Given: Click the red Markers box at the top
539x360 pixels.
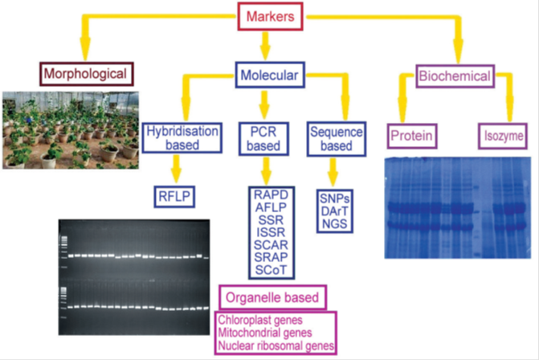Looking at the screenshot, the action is (x=270, y=17).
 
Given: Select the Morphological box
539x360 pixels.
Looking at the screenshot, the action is (x=86, y=74).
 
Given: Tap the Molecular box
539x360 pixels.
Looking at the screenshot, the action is (x=270, y=75).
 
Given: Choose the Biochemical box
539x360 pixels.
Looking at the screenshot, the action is (x=455, y=76).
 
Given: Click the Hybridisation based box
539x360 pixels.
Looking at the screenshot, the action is (x=182, y=138).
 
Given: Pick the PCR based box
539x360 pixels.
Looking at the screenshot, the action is (x=263, y=138).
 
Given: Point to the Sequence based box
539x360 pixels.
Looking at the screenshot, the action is (x=337, y=139).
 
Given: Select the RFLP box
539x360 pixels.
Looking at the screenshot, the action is (x=174, y=197).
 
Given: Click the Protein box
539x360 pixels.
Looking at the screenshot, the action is (x=412, y=136).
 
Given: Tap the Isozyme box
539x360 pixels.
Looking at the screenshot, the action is (x=503, y=136).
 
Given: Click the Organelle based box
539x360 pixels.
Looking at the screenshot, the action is (x=272, y=297).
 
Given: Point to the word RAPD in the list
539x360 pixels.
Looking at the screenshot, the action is (x=271, y=195).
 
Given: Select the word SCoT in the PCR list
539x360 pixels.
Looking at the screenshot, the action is (x=271, y=270).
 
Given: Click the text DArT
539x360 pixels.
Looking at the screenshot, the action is (x=334, y=211).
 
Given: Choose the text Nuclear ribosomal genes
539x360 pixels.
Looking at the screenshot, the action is (x=276, y=346).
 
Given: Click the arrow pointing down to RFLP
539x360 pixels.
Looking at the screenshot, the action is (x=177, y=169).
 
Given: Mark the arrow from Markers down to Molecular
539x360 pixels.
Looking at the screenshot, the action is (x=265, y=46).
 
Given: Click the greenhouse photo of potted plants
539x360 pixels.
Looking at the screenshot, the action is (x=71, y=130).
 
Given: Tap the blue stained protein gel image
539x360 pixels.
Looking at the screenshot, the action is (x=458, y=207).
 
